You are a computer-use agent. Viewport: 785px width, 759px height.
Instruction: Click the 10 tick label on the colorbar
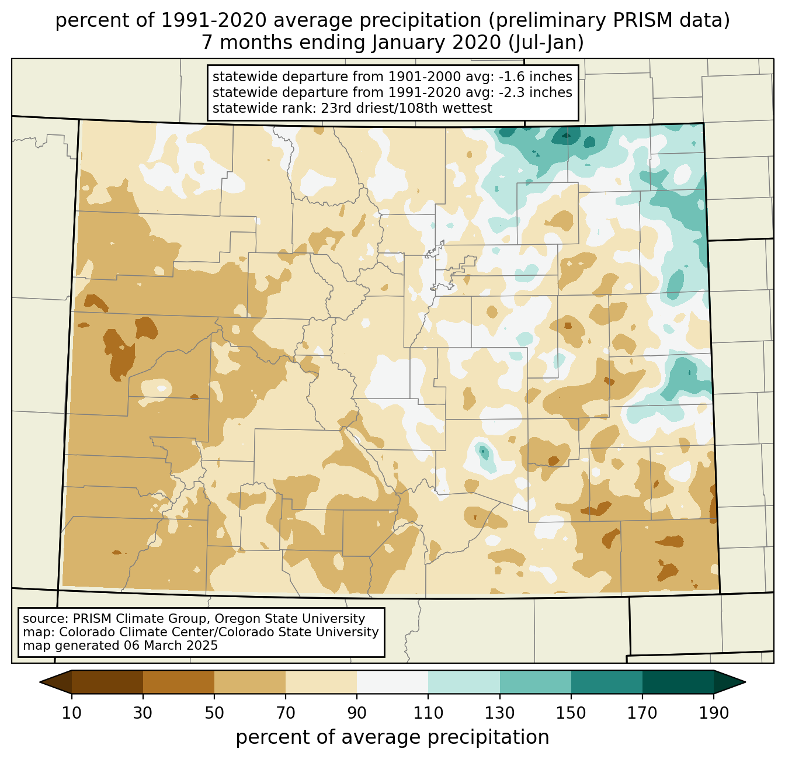[x=72, y=713]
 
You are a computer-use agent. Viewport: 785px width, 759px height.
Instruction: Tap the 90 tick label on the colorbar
[x=357, y=713]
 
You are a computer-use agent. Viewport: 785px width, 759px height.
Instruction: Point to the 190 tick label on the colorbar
[x=713, y=713]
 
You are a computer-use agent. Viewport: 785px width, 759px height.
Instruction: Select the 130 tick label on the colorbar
[x=500, y=713]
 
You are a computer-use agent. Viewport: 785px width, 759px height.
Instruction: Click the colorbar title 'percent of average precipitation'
[x=392, y=737]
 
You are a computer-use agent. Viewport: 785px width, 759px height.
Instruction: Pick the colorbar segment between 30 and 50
[x=179, y=682]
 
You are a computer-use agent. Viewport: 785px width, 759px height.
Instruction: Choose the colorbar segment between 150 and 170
[x=606, y=682]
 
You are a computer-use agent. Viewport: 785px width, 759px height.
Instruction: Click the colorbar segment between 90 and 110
[x=392, y=682]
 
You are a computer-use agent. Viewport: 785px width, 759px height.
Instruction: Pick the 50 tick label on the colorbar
[x=214, y=713]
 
